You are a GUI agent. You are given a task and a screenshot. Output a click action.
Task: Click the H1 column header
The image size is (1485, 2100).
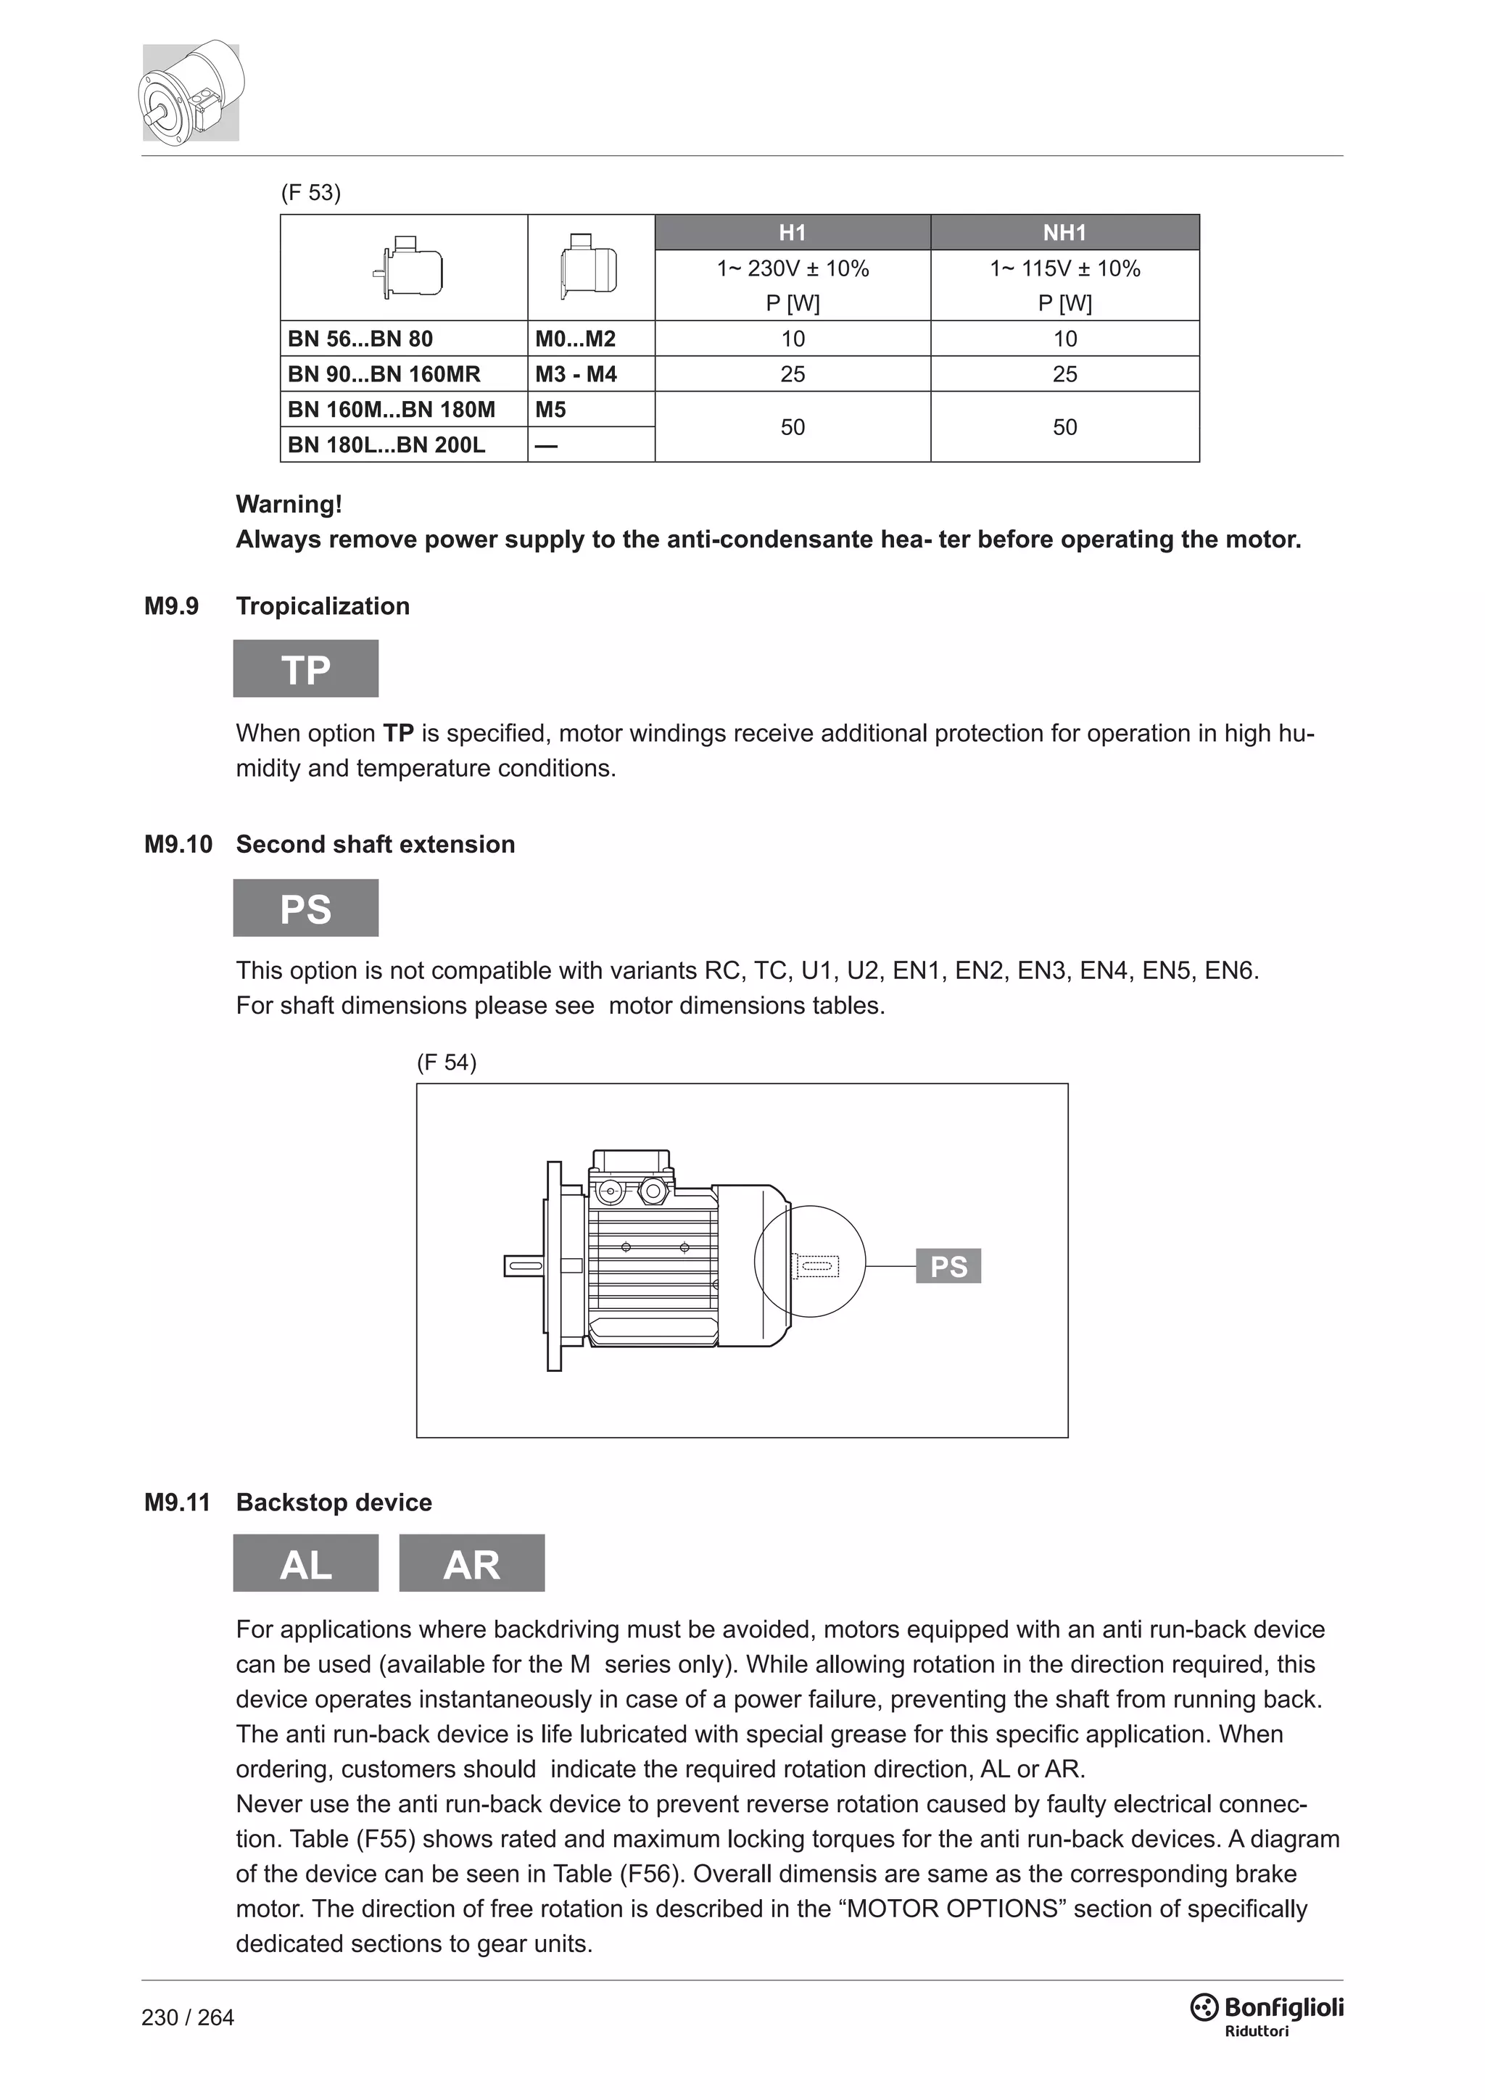click(x=792, y=232)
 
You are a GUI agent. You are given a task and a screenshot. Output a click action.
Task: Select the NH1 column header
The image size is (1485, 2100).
click(x=1064, y=232)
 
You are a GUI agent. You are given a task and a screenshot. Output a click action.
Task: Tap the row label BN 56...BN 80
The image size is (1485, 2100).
click(x=360, y=339)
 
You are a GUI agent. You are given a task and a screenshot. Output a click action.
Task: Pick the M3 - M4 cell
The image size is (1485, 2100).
click(x=576, y=374)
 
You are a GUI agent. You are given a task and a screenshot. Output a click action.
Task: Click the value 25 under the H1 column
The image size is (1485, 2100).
click(x=792, y=374)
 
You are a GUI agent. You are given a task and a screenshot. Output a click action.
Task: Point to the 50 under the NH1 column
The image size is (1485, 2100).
click(x=1064, y=427)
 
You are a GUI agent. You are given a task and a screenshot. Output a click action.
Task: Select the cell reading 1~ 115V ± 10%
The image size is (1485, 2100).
click(x=1064, y=269)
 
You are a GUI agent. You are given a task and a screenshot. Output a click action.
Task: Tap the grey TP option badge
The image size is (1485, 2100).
click(x=305, y=669)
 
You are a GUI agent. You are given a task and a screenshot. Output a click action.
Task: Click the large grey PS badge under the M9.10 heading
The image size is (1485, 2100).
click(x=305, y=908)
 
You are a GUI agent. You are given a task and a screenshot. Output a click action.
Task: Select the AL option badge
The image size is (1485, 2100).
click(x=305, y=1564)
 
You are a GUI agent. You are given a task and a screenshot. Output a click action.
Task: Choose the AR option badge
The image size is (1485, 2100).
click(x=472, y=1564)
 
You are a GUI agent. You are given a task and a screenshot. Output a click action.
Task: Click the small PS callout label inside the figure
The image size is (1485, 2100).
click(x=948, y=1266)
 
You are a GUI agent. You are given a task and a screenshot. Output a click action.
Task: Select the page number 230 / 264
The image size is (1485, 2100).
click(x=188, y=2017)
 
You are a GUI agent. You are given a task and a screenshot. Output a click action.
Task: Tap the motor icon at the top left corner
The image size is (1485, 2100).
click(x=191, y=91)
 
